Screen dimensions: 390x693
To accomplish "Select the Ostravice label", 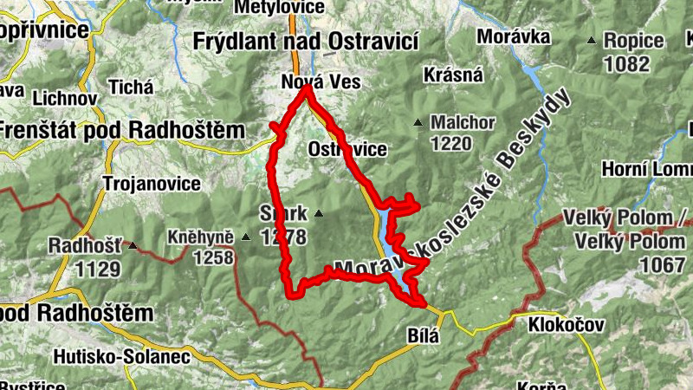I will point(347,149).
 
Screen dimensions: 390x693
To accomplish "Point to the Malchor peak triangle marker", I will point(418,122).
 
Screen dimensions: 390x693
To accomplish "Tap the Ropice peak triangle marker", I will point(592,40).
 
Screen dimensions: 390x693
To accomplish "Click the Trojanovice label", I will point(152,184).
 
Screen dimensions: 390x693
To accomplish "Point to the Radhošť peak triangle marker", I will point(133,246).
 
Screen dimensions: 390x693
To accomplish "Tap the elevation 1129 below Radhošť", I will point(97,269).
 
